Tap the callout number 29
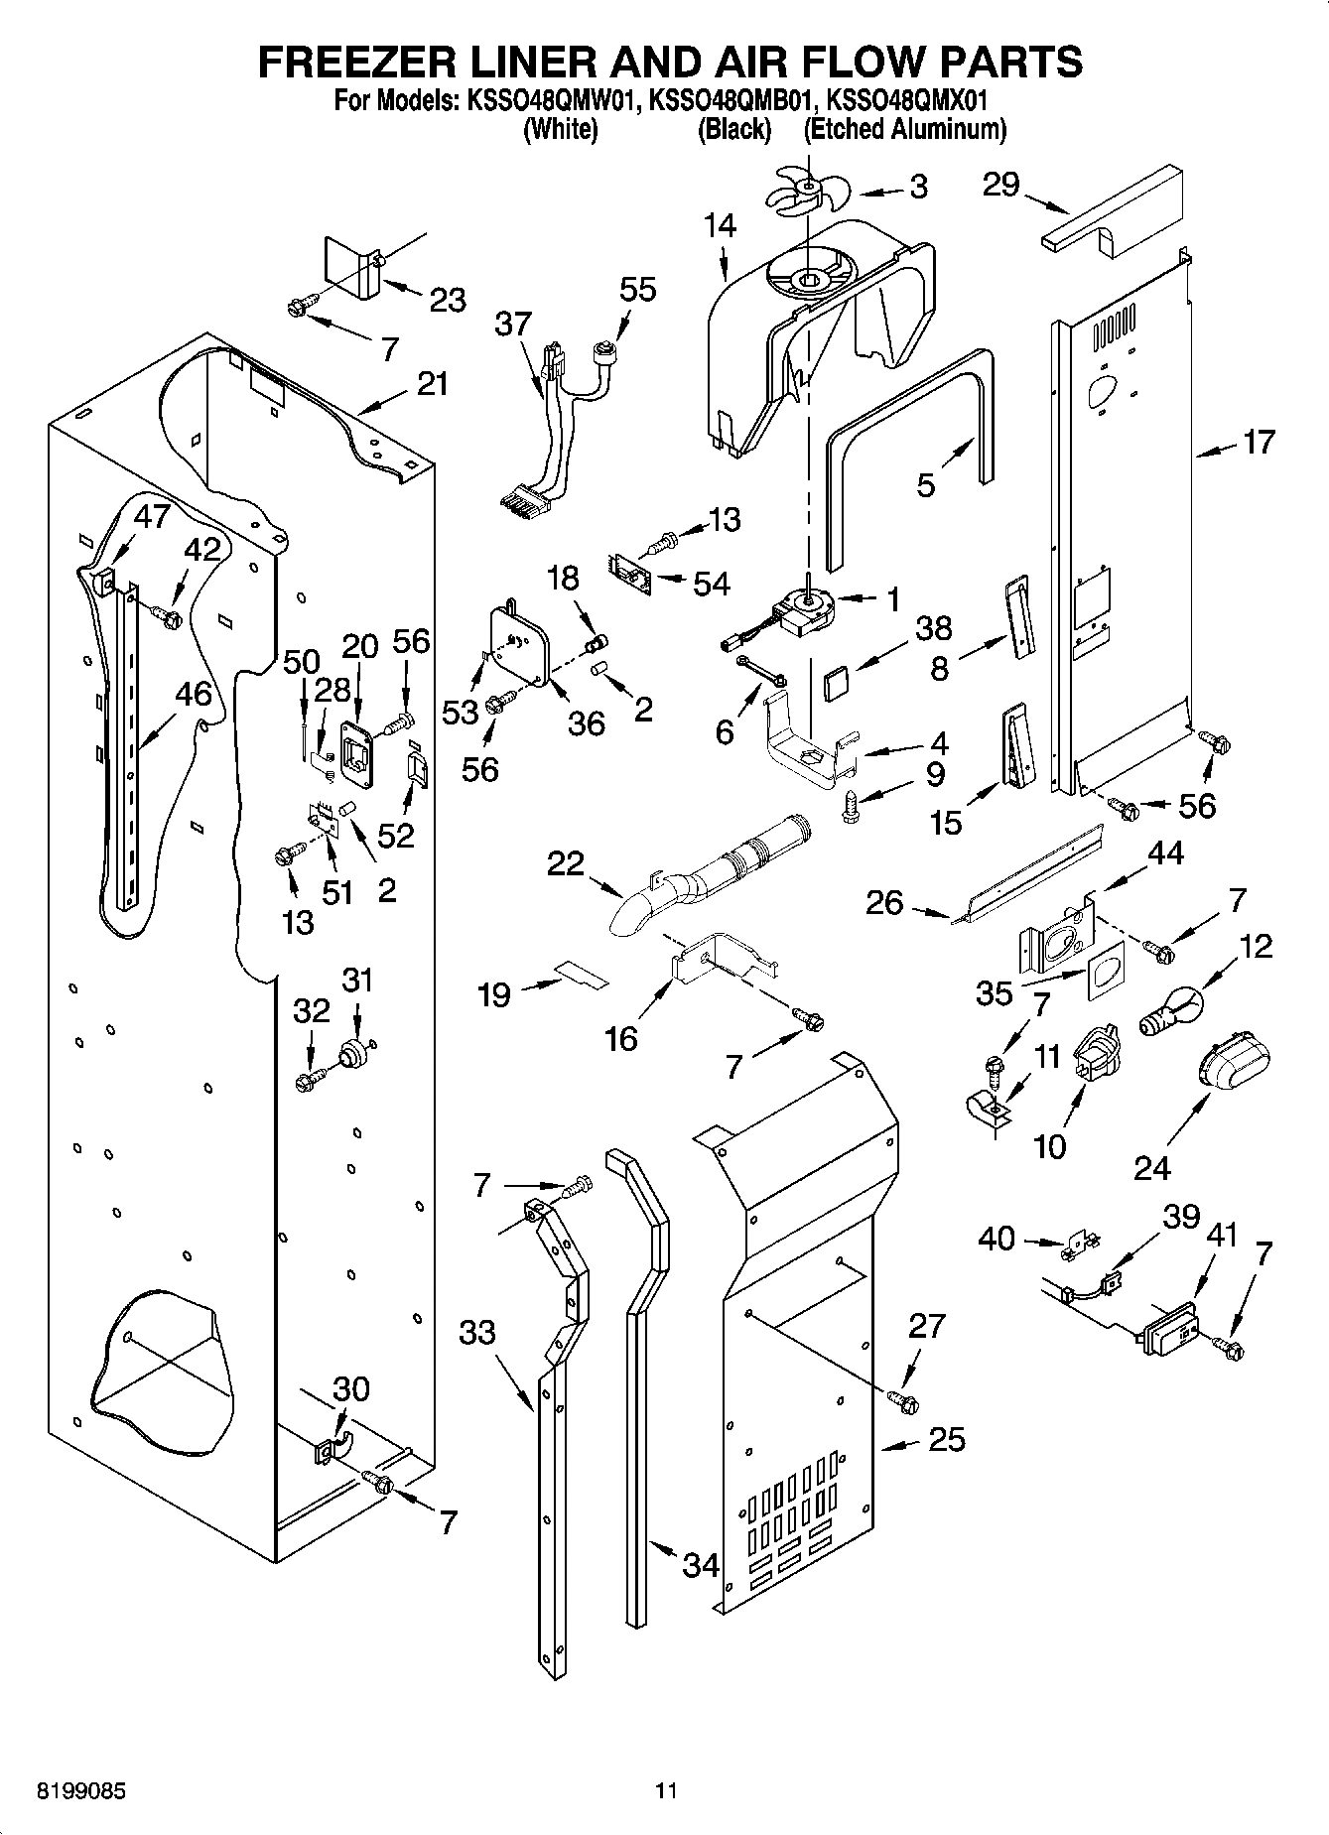1000,185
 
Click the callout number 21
432,383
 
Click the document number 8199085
81,1792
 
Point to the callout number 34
701,1566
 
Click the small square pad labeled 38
836,684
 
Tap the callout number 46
194,694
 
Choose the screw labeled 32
310,1080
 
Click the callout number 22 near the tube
567,863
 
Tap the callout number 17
1259,442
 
